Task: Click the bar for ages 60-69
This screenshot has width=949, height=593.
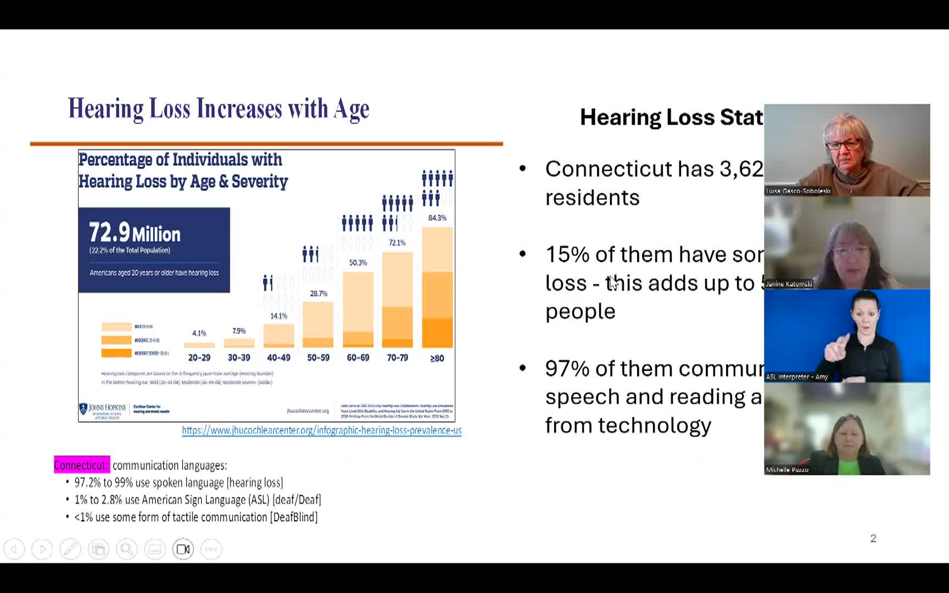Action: click(358, 310)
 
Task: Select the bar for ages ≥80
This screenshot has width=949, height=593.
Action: click(437, 288)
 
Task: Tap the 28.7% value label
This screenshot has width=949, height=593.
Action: click(319, 294)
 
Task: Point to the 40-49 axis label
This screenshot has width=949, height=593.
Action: click(278, 358)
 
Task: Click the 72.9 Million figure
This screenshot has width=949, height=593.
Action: click(135, 233)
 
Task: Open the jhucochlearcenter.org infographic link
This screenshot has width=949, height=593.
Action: click(321, 430)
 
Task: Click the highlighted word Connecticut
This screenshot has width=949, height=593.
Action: click(81, 466)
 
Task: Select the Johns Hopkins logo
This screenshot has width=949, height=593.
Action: click(103, 410)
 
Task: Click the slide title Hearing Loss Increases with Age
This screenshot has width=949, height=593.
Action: click(219, 109)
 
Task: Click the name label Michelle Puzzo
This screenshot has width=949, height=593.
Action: click(787, 470)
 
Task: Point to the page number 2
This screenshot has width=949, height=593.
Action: click(873, 539)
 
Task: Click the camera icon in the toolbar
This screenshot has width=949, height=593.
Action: click(183, 549)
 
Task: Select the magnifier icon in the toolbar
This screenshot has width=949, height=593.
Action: click(126, 549)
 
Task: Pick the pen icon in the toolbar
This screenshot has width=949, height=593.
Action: click(70, 549)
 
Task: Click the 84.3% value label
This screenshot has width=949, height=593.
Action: click(437, 218)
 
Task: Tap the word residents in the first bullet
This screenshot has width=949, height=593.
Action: click(592, 198)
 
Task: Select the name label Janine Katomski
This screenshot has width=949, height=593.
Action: click(789, 284)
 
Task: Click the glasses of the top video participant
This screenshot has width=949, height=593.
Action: click(842, 145)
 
